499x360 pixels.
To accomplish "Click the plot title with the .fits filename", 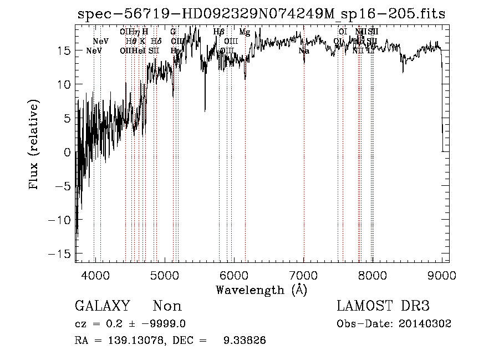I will point(261,14).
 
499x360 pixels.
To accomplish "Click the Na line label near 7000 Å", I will point(304,50).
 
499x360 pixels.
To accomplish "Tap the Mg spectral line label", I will point(245,32).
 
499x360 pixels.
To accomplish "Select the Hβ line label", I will point(218,32).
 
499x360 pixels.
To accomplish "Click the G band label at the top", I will point(173,32).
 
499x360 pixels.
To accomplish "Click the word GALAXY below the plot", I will point(102,306).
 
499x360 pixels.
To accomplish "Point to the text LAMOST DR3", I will point(383,306).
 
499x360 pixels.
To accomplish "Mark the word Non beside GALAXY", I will point(167,306).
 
